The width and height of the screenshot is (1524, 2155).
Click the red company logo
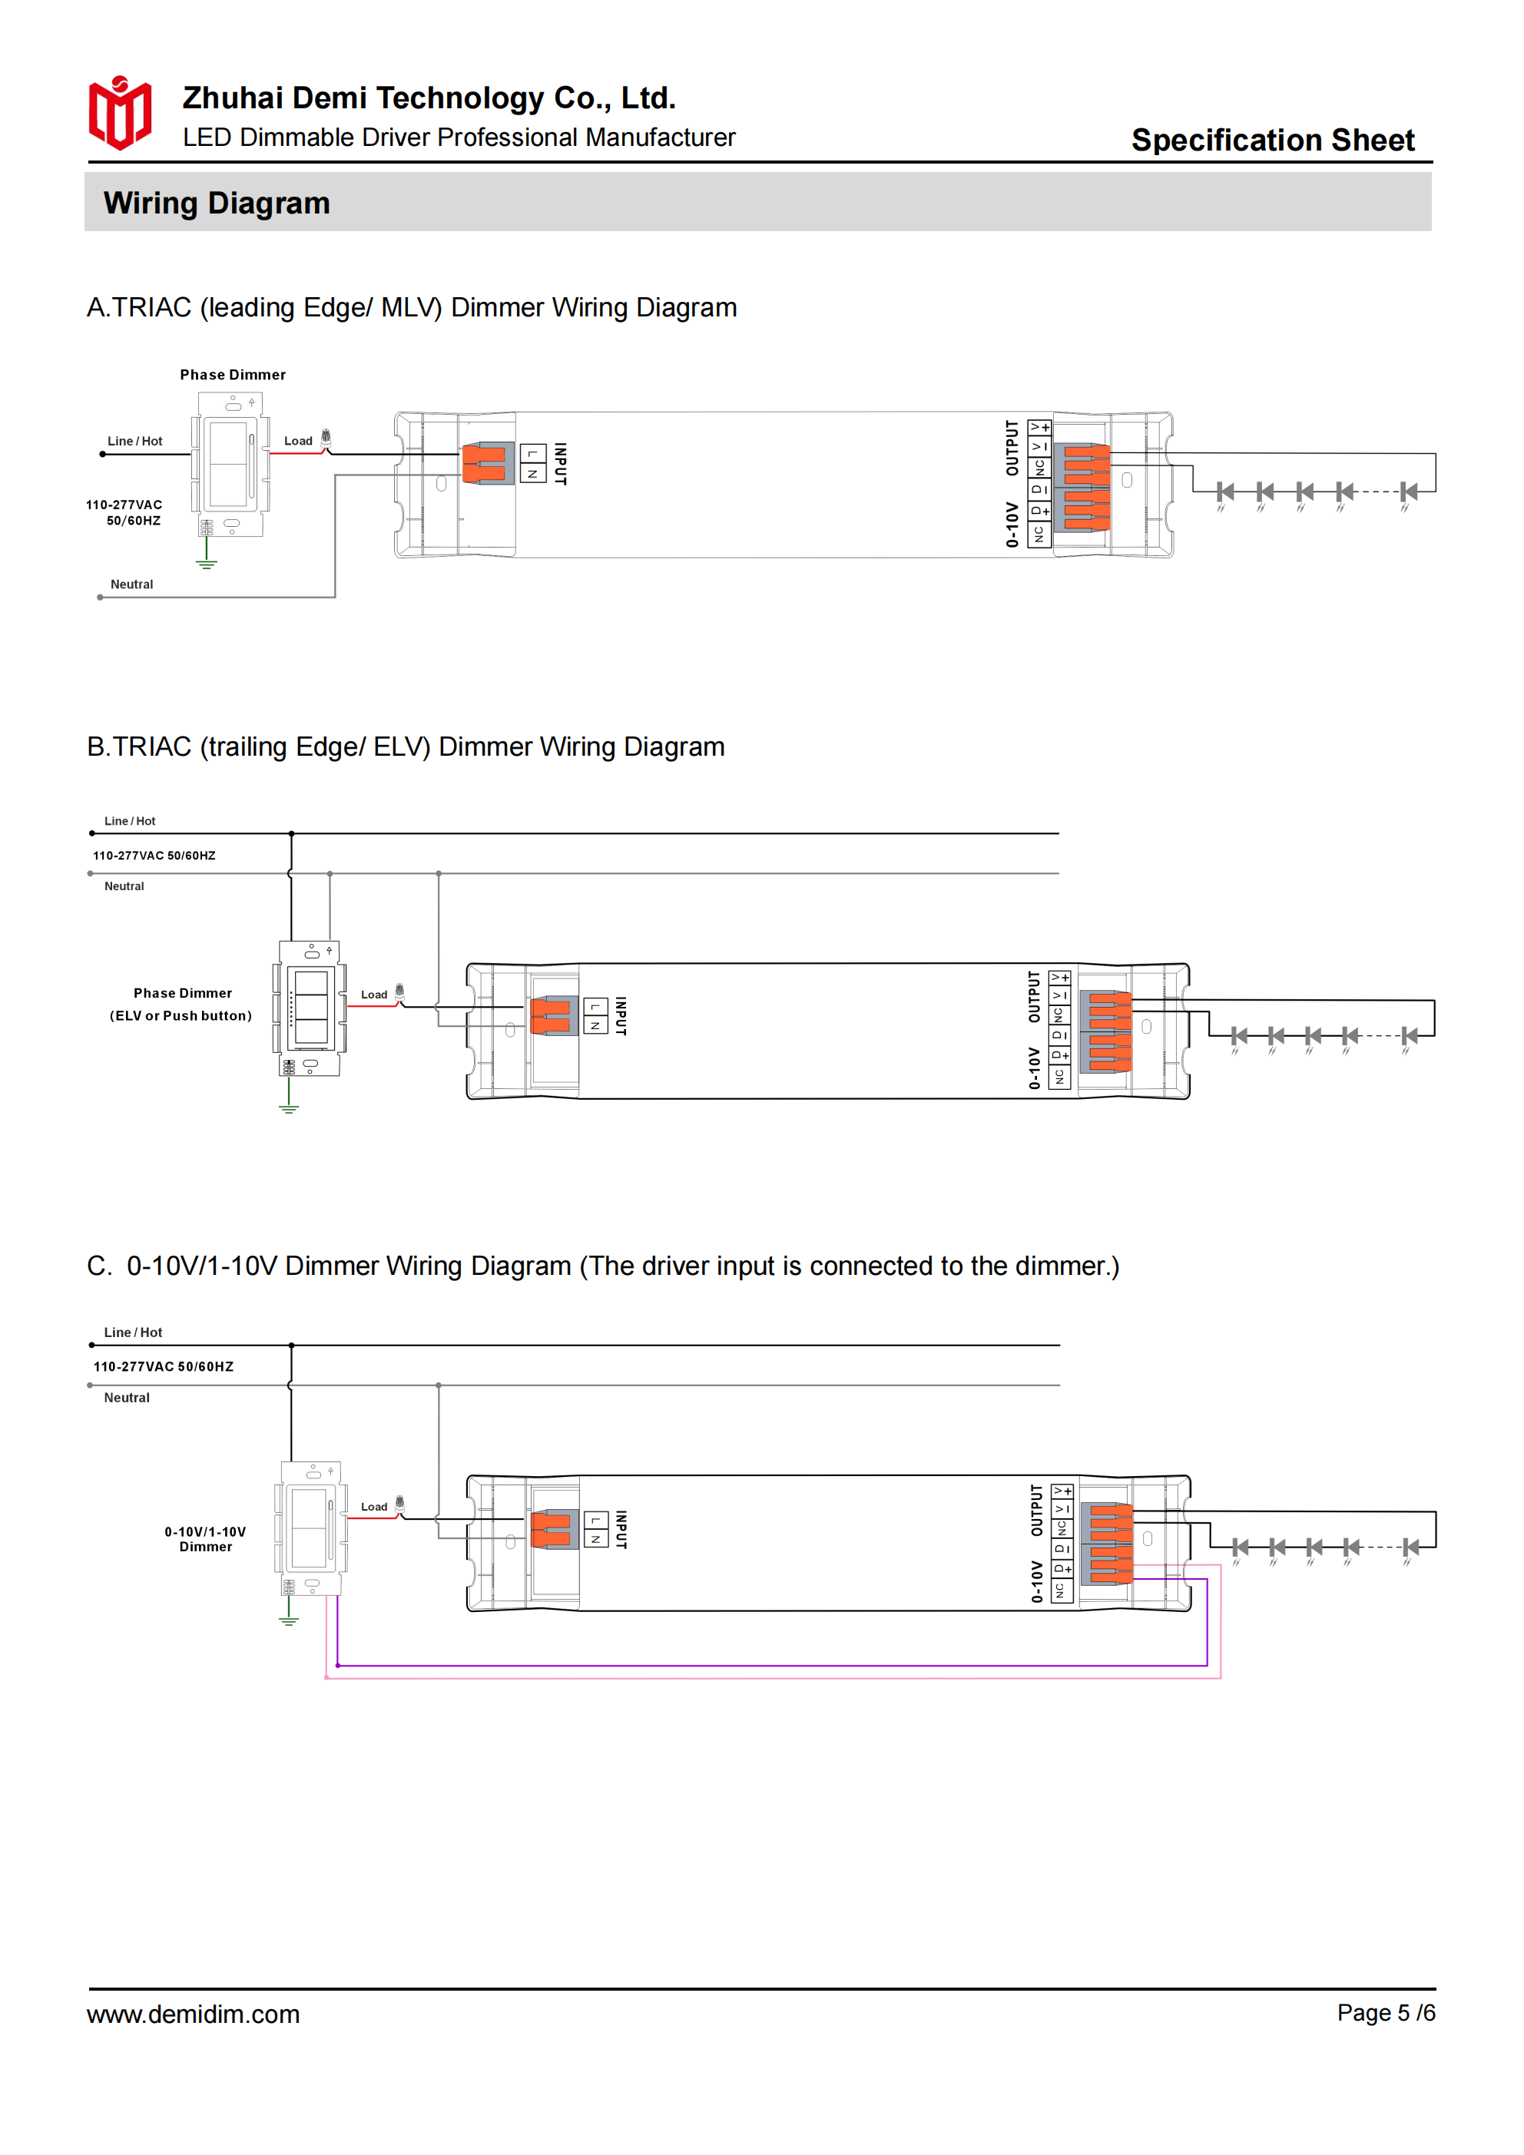(x=119, y=113)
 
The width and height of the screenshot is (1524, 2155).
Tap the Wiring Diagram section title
(x=217, y=203)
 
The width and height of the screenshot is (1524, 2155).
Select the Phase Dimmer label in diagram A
(x=233, y=375)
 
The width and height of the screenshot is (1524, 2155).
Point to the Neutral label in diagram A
(x=131, y=584)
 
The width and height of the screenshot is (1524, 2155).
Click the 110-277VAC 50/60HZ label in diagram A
(x=124, y=512)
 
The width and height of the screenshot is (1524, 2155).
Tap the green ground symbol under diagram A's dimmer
(x=207, y=562)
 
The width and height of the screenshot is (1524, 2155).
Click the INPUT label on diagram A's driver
(x=561, y=464)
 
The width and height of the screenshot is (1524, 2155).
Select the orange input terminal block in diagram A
(x=487, y=464)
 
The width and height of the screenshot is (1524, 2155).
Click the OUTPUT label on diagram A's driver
(x=1012, y=448)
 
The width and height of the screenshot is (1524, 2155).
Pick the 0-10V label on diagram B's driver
(x=1034, y=1068)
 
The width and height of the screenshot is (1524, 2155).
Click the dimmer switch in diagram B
(x=310, y=1010)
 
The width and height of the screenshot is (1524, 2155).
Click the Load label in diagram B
(x=374, y=995)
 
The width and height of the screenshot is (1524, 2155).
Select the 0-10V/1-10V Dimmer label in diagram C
(x=206, y=1539)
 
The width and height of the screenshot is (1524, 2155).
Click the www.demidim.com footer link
(x=194, y=2014)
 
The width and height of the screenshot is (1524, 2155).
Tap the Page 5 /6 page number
(x=1386, y=2012)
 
